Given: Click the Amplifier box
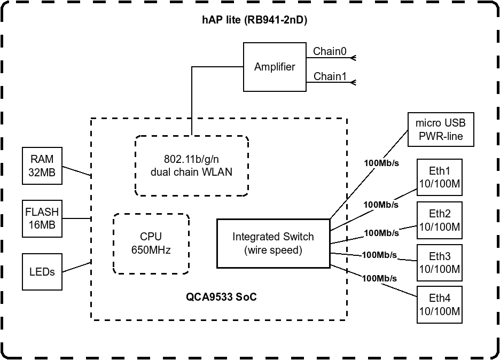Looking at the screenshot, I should click(275, 67).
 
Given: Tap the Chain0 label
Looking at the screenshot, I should click(330, 51).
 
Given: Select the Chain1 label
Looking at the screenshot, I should click(330, 77).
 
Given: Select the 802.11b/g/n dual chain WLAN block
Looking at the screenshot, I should click(191, 166).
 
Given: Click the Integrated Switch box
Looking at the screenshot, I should click(272, 244).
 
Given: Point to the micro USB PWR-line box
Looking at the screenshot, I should click(441, 130).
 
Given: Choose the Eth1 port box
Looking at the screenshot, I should click(440, 177).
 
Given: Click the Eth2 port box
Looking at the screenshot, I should click(440, 220).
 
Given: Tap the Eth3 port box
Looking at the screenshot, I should click(440, 262).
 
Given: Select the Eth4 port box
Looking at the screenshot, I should click(440, 304).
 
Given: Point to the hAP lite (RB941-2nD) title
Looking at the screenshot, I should click(255, 20).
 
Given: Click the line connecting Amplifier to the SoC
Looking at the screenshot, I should click(191, 101).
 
